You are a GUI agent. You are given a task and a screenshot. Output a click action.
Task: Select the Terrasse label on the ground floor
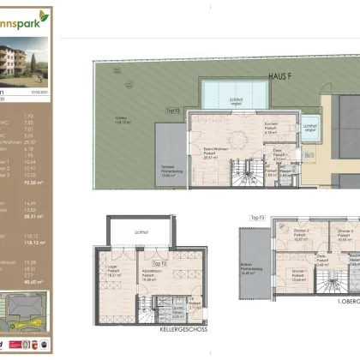(x=170, y=170)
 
